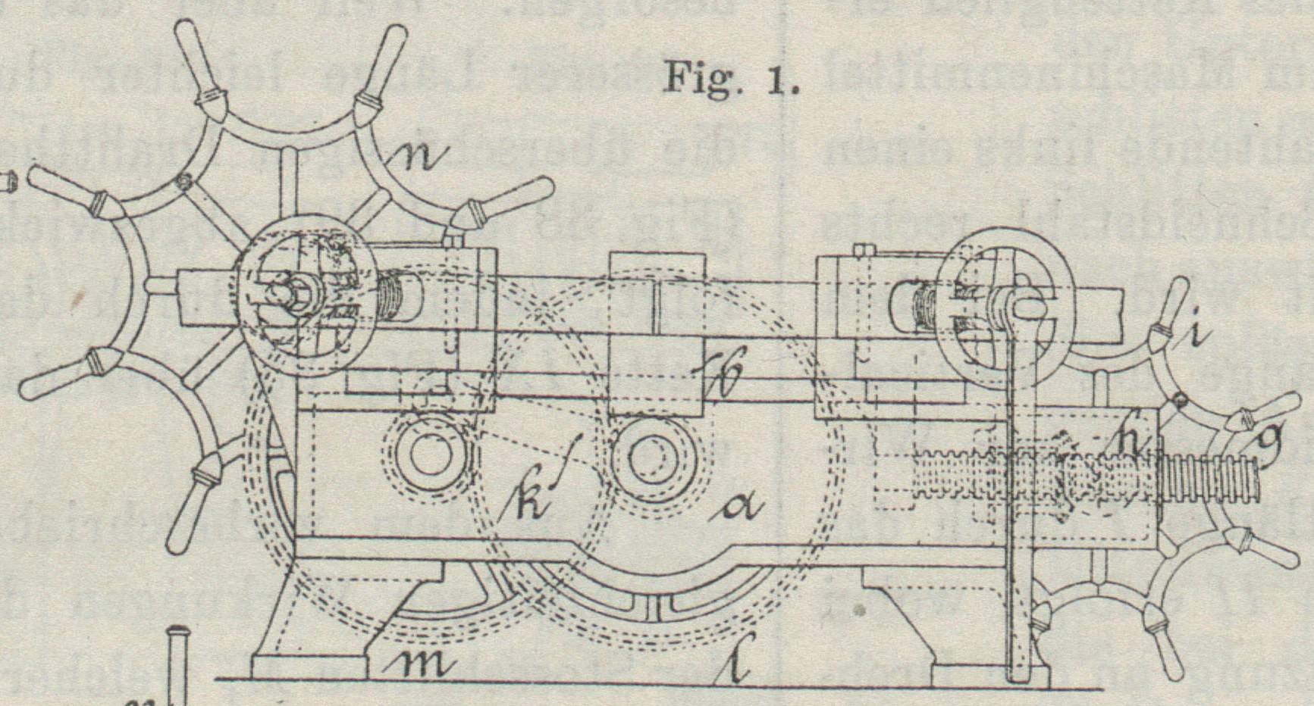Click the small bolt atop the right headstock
pos(861,251)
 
